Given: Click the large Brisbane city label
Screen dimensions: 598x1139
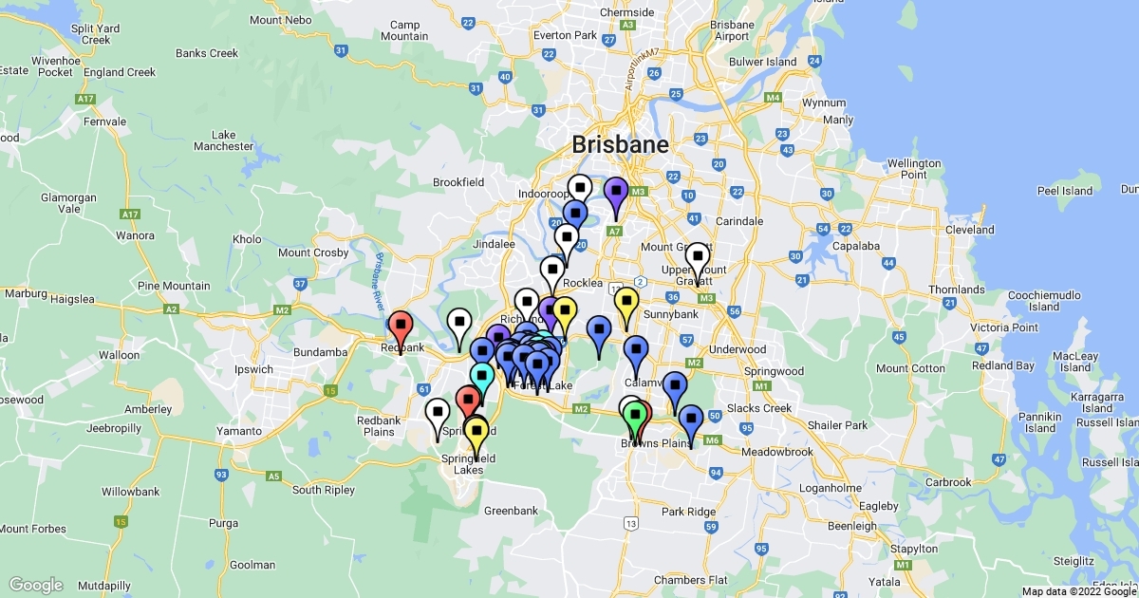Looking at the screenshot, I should point(620,145).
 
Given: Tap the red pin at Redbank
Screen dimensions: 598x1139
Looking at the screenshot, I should point(401,326).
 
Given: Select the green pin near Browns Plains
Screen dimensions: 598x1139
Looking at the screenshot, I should point(636,415).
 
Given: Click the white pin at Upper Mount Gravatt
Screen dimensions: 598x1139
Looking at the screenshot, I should point(698,258).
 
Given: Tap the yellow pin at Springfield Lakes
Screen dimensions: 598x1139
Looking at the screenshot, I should point(476,432).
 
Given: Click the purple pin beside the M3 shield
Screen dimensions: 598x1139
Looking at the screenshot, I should point(616,192).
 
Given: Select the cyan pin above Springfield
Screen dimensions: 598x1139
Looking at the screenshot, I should point(482,374).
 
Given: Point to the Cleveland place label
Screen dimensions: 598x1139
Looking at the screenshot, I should point(970,230).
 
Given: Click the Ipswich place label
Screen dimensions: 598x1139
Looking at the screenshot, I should point(253,369).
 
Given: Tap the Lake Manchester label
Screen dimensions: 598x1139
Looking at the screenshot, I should point(224,140).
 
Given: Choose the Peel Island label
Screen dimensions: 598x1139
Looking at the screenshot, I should point(1065,191).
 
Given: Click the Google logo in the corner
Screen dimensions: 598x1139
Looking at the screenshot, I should point(35,585).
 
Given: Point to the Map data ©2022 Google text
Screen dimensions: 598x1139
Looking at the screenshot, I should point(1078,591).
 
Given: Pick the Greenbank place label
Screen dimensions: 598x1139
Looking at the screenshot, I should point(511,511).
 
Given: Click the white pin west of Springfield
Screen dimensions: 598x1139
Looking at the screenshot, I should point(438,414).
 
